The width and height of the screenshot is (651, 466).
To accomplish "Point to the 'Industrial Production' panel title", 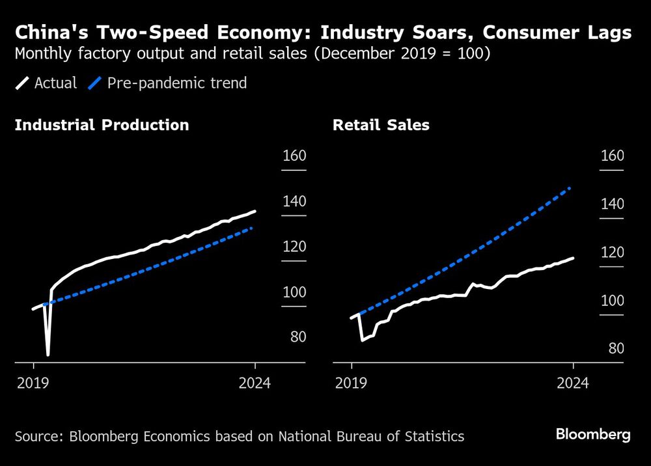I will point(102,125).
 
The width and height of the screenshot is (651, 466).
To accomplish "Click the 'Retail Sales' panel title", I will point(381,125).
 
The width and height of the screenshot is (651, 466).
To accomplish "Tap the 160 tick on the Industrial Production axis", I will point(294,156).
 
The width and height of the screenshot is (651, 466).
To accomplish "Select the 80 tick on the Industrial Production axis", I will point(294,337).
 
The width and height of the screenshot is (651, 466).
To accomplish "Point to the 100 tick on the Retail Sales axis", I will point(611,301).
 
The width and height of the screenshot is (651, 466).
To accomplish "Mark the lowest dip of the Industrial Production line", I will point(48,355).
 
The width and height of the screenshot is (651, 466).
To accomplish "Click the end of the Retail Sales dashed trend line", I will point(570,188).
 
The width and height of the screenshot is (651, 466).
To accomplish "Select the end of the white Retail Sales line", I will point(574,258).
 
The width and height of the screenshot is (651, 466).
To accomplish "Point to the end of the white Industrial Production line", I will point(255,211).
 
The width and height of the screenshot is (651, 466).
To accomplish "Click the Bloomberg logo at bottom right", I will point(593,435).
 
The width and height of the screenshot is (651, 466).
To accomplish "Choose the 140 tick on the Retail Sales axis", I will point(611,204).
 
